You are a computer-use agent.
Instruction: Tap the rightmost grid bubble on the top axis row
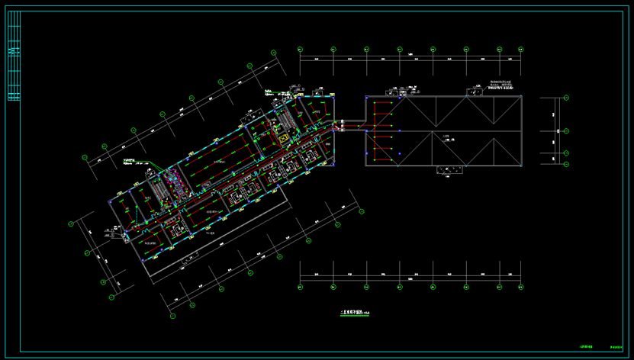[x=522, y=50]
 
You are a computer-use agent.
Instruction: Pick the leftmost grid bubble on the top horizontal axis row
[x=300, y=50]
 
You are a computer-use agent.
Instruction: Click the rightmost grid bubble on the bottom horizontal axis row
[x=522, y=288]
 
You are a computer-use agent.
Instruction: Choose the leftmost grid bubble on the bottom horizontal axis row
[x=300, y=288]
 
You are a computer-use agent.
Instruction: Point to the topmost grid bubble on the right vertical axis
[x=566, y=98]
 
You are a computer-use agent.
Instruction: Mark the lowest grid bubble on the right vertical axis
[x=566, y=163]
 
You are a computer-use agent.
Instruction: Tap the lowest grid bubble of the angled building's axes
[x=172, y=315]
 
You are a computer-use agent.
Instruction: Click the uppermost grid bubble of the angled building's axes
[x=274, y=52]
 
